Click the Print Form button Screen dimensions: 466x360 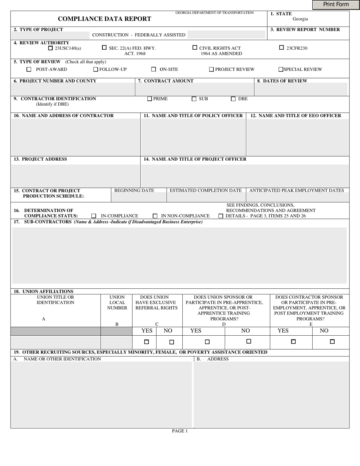(336, 5)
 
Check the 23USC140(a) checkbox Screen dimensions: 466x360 (51, 48)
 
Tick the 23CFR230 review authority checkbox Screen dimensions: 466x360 (281, 48)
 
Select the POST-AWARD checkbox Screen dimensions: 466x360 (29, 69)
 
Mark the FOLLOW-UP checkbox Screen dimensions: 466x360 (95, 69)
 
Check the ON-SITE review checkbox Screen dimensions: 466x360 (153, 69)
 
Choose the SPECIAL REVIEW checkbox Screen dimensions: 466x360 (281, 69)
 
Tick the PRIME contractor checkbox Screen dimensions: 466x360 (149, 99)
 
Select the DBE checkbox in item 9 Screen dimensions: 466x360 (233, 99)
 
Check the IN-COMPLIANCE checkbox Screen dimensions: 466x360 (94, 216)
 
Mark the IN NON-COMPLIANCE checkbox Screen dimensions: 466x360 (155, 216)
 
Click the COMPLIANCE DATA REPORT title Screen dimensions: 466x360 (104, 19)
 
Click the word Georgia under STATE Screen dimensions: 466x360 (300, 19)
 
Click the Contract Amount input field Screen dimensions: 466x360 (194, 89)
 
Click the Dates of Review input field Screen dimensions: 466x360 (301, 89)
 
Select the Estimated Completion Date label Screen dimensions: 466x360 (205, 191)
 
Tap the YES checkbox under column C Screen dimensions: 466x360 (147, 342)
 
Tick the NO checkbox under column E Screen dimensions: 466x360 (332, 341)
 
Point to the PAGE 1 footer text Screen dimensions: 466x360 (180, 431)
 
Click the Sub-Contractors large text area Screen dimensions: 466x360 (180, 255)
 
